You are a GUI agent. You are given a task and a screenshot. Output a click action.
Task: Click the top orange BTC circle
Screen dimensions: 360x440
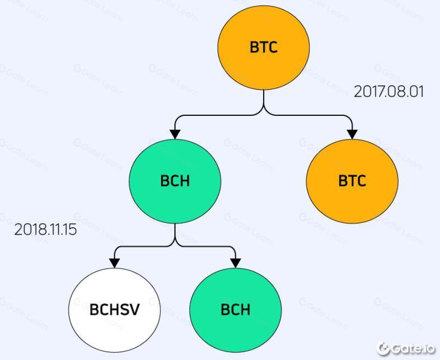pyautogui.click(x=264, y=47)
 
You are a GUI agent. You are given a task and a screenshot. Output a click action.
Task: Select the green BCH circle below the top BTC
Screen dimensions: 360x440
pyautogui.click(x=175, y=180)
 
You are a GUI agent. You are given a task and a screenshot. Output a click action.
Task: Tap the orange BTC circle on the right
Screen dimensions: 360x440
pyautogui.click(x=352, y=180)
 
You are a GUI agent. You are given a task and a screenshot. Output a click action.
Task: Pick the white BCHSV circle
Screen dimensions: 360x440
pyautogui.click(x=114, y=310)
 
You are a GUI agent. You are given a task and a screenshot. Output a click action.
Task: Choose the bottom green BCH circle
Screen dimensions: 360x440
pyautogui.click(x=236, y=310)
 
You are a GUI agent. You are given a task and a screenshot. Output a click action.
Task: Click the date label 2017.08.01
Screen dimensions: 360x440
pyautogui.click(x=389, y=92)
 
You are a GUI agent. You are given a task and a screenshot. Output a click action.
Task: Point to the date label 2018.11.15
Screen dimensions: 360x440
pyautogui.click(x=45, y=230)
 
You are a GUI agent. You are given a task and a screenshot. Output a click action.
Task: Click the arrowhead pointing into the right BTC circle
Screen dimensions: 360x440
pyautogui.click(x=352, y=133)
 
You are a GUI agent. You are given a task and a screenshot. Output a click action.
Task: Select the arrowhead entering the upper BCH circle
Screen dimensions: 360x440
pyautogui.click(x=175, y=133)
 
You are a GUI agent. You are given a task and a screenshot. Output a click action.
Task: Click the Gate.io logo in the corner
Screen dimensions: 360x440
pyautogui.click(x=406, y=349)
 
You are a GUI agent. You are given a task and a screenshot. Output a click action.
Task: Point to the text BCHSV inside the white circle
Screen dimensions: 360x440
pyautogui.click(x=114, y=310)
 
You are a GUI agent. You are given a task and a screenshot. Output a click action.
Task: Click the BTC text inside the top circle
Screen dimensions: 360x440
pyautogui.click(x=264, y=47)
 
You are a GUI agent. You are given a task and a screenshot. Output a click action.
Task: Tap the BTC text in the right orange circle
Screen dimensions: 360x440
pyautogui.click(x=352, y=181)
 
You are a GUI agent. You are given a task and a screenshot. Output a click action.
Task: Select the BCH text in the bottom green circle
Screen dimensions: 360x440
pyautogui.click(x=236, y=310)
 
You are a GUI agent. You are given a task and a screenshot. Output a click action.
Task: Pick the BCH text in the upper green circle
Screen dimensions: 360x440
pyautogui.click(x=175, y=181)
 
